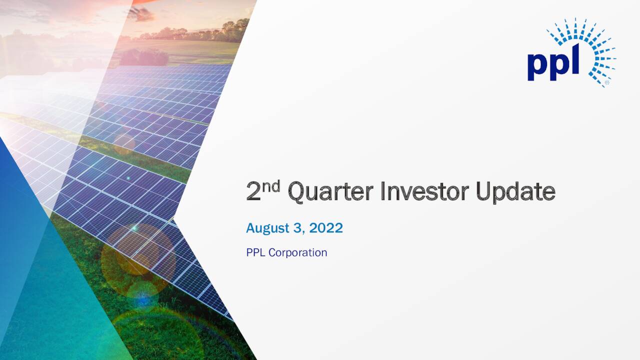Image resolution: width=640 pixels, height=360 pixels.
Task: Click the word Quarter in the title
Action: [x=330, y=192]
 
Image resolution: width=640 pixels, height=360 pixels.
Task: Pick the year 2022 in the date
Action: [x=326, y=228]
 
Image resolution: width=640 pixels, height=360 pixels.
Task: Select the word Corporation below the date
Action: [x=297, y=252]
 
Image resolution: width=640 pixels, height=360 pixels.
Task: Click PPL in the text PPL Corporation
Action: [x=255, y=252]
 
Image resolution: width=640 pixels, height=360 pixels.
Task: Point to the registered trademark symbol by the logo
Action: [x=607, y=82]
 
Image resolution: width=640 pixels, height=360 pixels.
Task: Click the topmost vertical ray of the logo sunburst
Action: [x=575, y=23]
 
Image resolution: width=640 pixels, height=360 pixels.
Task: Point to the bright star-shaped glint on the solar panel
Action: [x=134, y=228]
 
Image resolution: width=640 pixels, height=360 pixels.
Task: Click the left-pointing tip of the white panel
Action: [x=175, y=219]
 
